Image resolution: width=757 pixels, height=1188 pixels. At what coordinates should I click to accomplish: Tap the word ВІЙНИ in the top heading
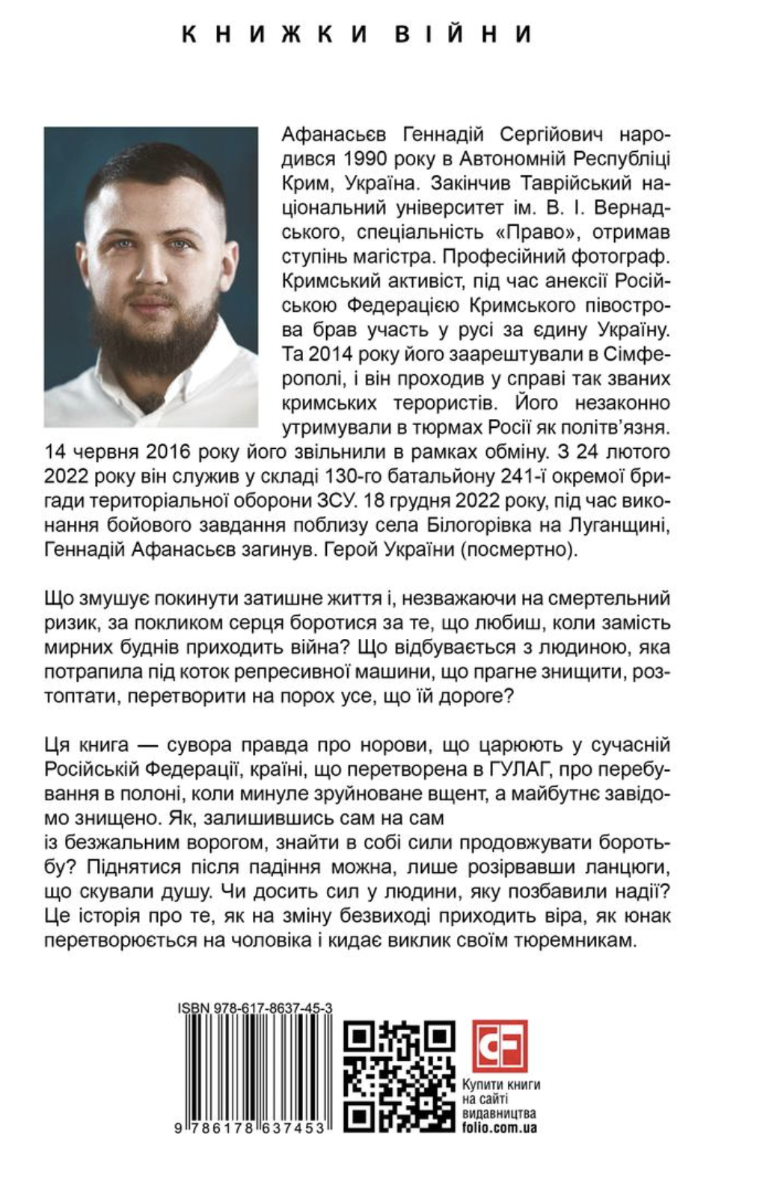pyautogui.click(x=464, y=34)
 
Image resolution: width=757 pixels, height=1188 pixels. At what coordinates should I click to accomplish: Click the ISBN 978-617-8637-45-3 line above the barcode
pyautogui.click(x=254, y=1008)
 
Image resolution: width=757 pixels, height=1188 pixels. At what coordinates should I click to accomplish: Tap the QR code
pyautogui.click(x=399, y=1075)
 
